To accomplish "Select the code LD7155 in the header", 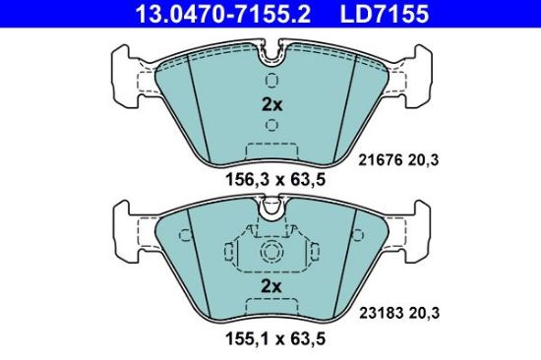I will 396,14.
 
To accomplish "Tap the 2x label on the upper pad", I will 270,104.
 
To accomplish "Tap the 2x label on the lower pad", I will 270,285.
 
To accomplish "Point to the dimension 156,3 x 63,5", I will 270,180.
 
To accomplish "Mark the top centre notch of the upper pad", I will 270,49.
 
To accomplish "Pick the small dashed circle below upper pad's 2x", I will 270,126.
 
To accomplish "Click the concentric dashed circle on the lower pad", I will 270,253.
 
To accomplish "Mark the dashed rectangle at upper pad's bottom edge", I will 270,153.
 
